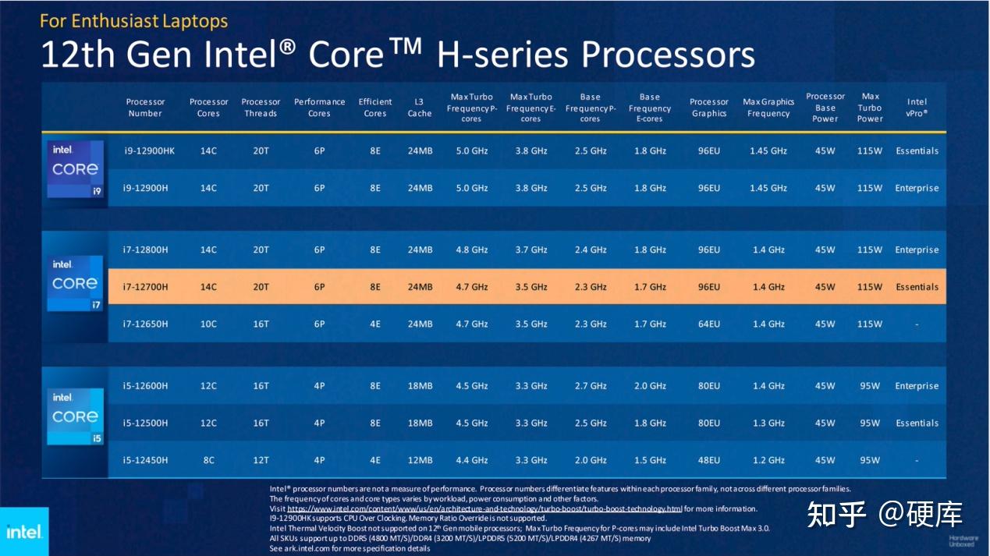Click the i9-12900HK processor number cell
point(149,151)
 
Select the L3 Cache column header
point(419,108)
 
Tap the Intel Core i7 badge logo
point(75,282)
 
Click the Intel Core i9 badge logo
point(75,169)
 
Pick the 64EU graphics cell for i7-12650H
point(708,324)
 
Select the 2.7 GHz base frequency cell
point(590,386)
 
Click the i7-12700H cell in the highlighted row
point(145,287)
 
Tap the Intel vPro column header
point(917,108)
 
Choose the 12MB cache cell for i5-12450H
point(419,460)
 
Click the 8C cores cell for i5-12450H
point(208,460)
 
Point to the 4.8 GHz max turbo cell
point(471,250)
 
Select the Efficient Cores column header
point(375,108)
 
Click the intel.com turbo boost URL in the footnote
point(484,508)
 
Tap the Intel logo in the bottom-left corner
point(23,532)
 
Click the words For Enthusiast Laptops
point(133,20)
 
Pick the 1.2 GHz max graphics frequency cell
point(768,460)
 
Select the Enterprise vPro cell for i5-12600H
point(917,386)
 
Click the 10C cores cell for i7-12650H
point(208,324)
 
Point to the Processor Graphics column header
point(708,108)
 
